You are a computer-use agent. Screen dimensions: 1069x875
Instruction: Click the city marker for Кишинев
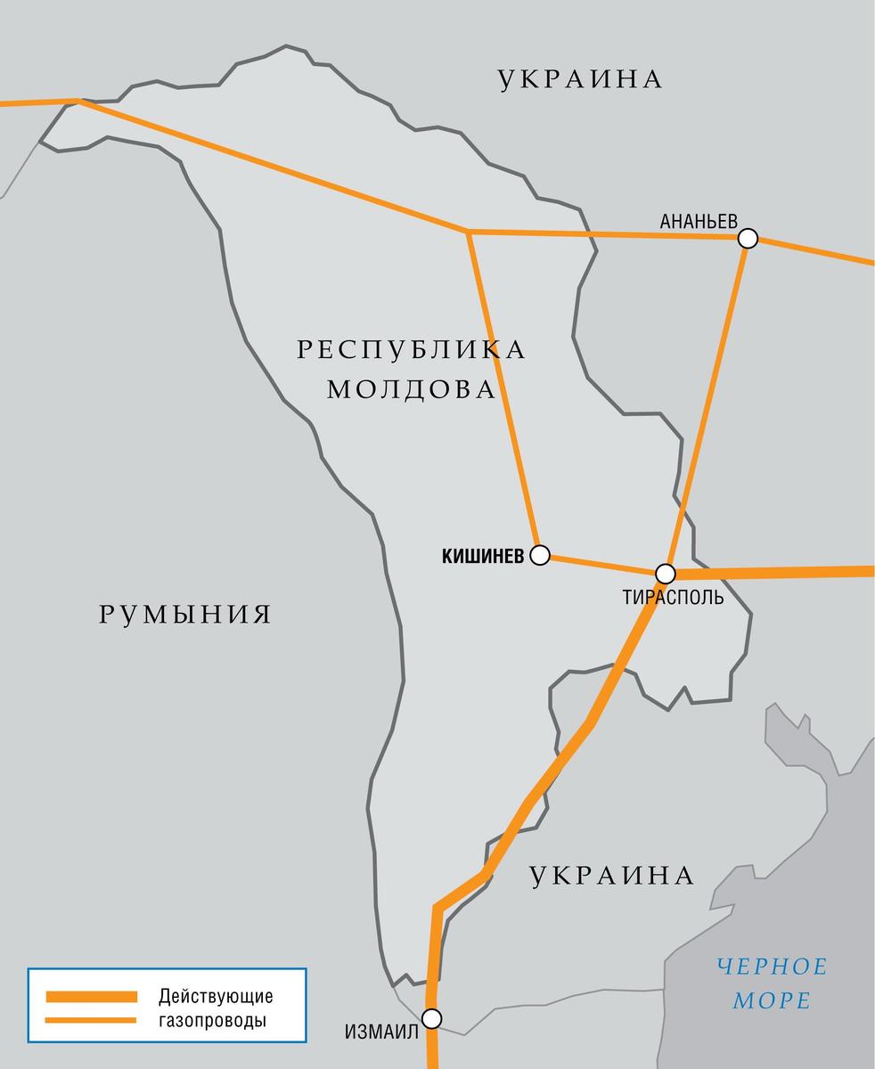point(539,556)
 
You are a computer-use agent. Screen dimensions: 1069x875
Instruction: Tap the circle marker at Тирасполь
point(665,573)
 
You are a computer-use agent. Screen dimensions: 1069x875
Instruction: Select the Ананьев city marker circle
point(748,238)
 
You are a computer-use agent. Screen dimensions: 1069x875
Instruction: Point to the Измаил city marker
point(432,1017)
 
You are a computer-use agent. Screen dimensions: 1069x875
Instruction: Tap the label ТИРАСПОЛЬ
point(674,597)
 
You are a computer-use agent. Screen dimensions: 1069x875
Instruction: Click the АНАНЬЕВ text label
point(699,221)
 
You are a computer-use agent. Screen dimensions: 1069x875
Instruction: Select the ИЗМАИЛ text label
point(380,1032)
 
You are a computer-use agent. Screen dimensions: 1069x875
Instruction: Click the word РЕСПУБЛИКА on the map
point(411,349)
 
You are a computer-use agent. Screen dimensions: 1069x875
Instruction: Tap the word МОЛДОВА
point(411,389)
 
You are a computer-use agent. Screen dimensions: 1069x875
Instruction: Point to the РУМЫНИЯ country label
point(184,614)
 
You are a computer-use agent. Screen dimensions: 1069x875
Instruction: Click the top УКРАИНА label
point(580,79)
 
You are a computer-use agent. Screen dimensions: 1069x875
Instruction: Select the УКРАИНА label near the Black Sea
point(611,876)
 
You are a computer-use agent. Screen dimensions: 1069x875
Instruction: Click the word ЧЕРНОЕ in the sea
point(772,966)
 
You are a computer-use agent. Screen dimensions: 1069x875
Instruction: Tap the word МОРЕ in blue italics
point(772,1000)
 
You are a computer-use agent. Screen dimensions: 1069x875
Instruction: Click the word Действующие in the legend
point(216,996)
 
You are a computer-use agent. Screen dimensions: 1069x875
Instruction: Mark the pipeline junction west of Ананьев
point(469,232)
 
